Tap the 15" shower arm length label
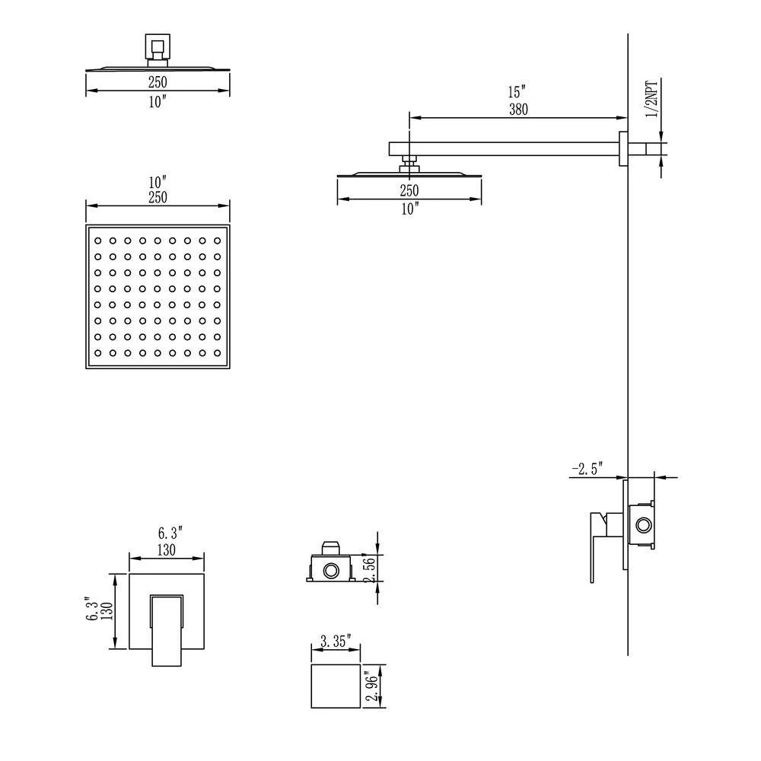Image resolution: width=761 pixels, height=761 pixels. [x=517, y=92]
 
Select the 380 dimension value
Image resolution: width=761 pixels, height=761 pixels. [x=518, y=110]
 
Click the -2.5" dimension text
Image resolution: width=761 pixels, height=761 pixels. [x=587, y=469]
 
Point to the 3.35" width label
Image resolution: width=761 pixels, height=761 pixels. [x=336, y=641]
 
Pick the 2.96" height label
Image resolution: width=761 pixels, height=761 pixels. [x=372, y=686]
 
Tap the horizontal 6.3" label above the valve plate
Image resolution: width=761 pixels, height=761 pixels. [x=170, y=533]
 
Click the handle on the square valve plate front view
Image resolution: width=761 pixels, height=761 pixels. [x=167, y=629]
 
